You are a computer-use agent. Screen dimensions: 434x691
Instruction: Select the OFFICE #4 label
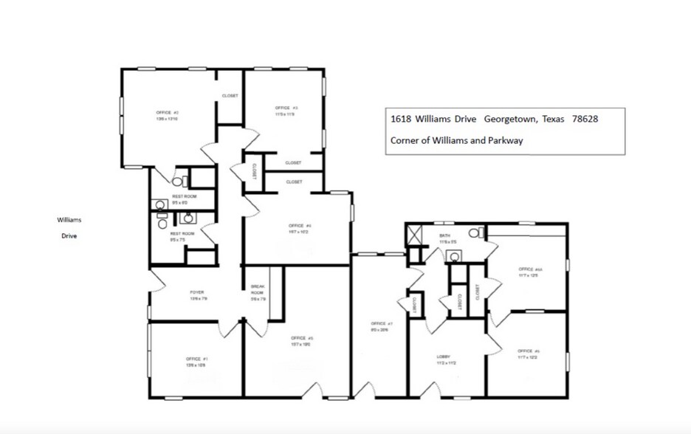coord(298,225)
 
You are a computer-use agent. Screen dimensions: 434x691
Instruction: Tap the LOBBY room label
coord(443,356)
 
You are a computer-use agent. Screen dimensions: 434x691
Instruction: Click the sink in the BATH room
coord(455,256)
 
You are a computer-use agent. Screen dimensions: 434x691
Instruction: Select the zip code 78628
coord(585,119)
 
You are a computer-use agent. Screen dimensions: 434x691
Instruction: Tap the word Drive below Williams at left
coord(70,236)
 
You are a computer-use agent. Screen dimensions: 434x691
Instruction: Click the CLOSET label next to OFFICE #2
coord(230,96)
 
